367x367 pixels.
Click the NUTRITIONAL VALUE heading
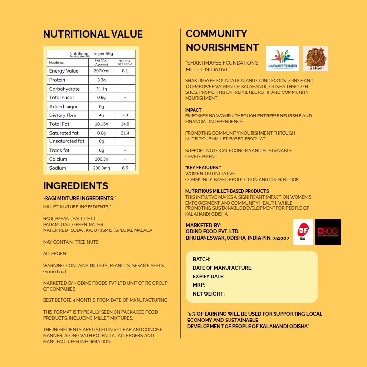pyautogui.click(x=93, y=34)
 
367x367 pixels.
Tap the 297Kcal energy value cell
pyautogui.click(x=101, y=71)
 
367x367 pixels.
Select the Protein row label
pyautogui.click(x=57, y=80)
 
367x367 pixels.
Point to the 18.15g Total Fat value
pyautogui.click(x=101, y=124)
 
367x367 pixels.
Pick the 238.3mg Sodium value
pyautogui.click(x=101, y=168)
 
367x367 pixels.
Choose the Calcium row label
pyautogui.click(x=59, y=159)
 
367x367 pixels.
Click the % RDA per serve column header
pyautogui.click(x=124, y=63)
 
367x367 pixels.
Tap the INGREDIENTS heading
pyautogui.click(x=75, y=186)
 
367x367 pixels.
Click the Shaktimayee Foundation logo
pyautogui.click(x=283, y=59)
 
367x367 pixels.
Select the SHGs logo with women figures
pyautogui.click(x=315, y=59)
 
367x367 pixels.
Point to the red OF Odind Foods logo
pyautogui.click(x=303, y=232)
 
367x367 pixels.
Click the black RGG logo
pyautogui.click(x=328, y=232)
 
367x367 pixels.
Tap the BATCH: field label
pyautogui.click(x=202, y=259)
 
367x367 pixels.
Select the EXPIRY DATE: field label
pyautogui.click(x=208, y=276)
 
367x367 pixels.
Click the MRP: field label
pyautogui.click(x=199, y=285)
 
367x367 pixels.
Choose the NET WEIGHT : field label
pyautogui.click(x=209, y=294)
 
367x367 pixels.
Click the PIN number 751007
pyautogui.click(x=279, y=238)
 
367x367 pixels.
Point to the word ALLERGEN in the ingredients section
pyautogui.click(x=54, y=254)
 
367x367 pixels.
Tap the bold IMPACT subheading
pyautogui.click(x=193, y=110)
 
